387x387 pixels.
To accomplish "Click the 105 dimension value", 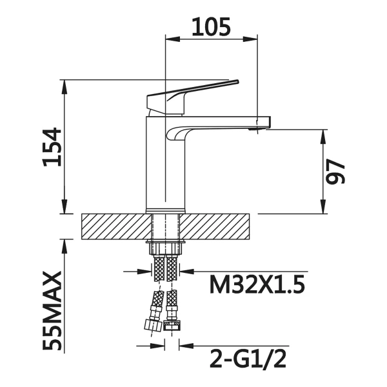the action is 211,26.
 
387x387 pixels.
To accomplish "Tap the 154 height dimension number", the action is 52,147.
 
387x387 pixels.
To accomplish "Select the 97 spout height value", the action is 335,172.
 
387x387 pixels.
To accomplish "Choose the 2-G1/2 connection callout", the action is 248,359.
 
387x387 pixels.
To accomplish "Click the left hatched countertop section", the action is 116,226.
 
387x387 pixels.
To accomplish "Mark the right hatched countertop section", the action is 214,226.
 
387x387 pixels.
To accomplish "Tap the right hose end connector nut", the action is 172,326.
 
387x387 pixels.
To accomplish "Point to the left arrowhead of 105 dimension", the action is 173,39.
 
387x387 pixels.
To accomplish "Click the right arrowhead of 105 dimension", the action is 250,39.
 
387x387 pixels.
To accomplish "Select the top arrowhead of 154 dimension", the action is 64,87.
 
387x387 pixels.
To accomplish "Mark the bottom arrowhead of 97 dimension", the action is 323,206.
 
